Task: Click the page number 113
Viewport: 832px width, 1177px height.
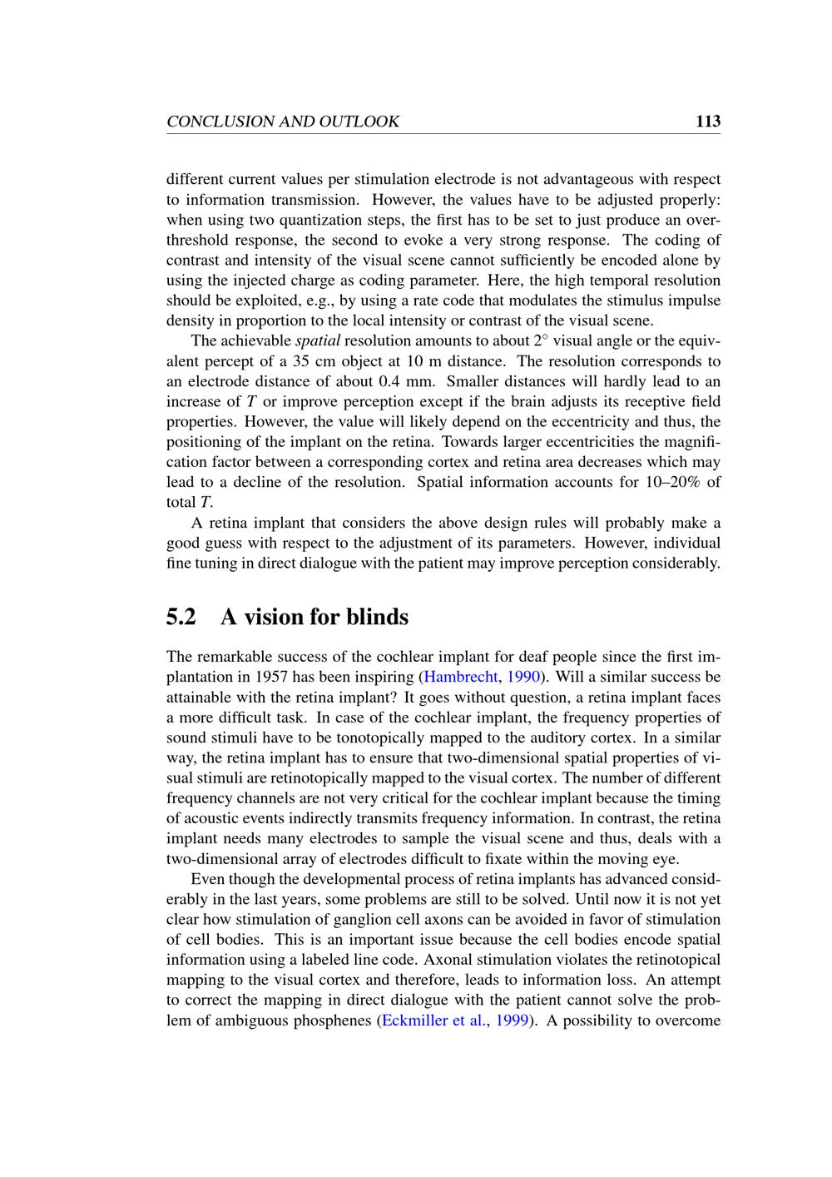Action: tap(708, 122)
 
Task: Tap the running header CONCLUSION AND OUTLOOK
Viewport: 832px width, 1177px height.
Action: tap(283, 122)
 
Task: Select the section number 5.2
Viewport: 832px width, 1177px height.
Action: tap(181, 618)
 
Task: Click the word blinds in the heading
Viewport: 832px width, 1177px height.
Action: tap(377, 618)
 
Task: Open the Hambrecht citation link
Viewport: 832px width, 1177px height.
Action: tap(460, 677)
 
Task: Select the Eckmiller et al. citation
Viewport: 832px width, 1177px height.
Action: tap(432, 1021)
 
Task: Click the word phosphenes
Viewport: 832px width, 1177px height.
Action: tap(329, 1021)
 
